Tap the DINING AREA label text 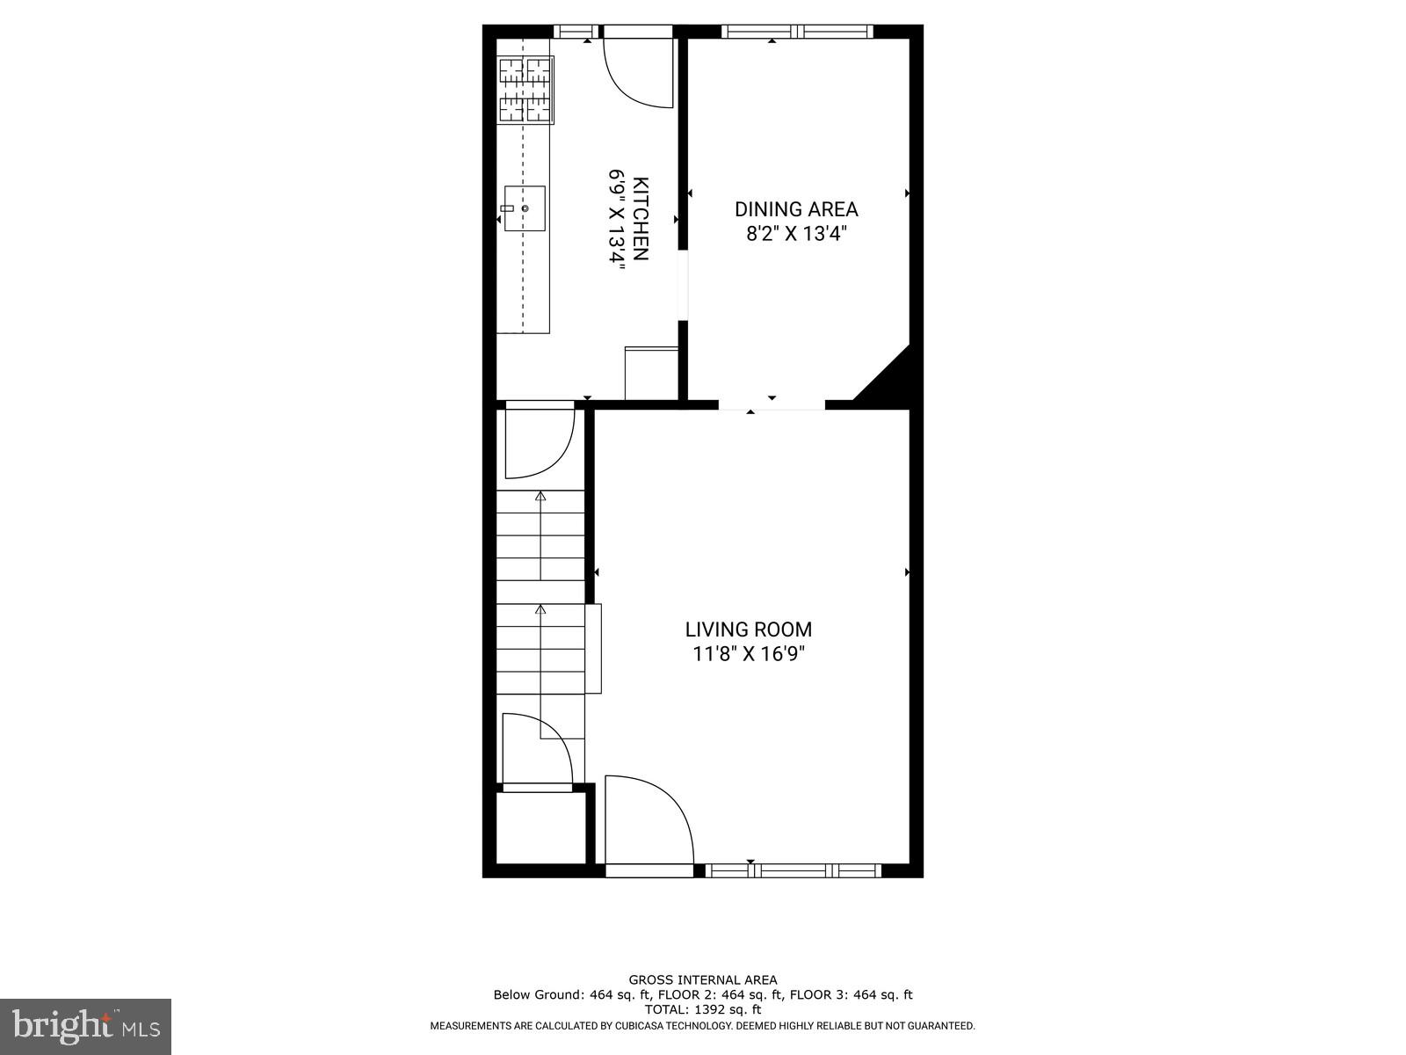click(796, 209)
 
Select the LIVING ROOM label click(748, 629)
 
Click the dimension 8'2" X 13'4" click(796, 234)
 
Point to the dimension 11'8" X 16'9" click(748, 654)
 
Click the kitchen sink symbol click(524, 208)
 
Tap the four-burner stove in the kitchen click(525, 90)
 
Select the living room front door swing click(649, 821)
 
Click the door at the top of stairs click(539, 442)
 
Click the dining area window click(797, 33)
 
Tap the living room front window click(793, 870)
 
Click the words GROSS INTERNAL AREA click(702, 979)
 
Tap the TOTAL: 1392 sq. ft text click(702, 1009)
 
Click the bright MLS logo click(85, 1026)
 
